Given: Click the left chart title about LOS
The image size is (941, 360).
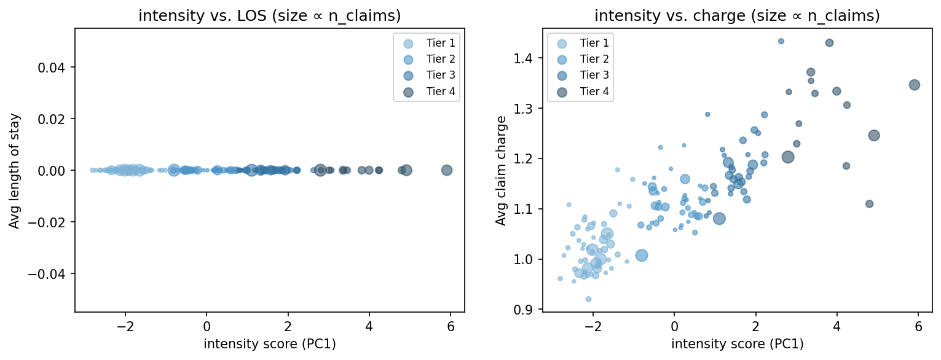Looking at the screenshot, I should click(x=269, y=17).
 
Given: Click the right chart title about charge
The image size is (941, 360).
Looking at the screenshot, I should click(x=737, y=17).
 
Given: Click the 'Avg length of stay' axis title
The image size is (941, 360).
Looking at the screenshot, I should click(x=14, y=171).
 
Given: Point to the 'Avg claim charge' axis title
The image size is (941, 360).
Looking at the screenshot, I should click(x=502, y=170).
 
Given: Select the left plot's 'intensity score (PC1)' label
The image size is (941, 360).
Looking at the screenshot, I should click(x=269, y=344).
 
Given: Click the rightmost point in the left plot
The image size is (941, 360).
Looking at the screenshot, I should click(x=447, y=170).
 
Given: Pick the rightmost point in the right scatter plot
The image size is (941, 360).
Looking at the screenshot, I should click(x=914, y=85).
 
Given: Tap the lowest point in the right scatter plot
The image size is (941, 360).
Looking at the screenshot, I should click(x=588, y=299).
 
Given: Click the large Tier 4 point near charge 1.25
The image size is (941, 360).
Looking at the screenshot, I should click(x=874, y=135).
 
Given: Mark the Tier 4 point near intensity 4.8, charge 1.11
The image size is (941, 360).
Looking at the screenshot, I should click(x=869, y=204).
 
